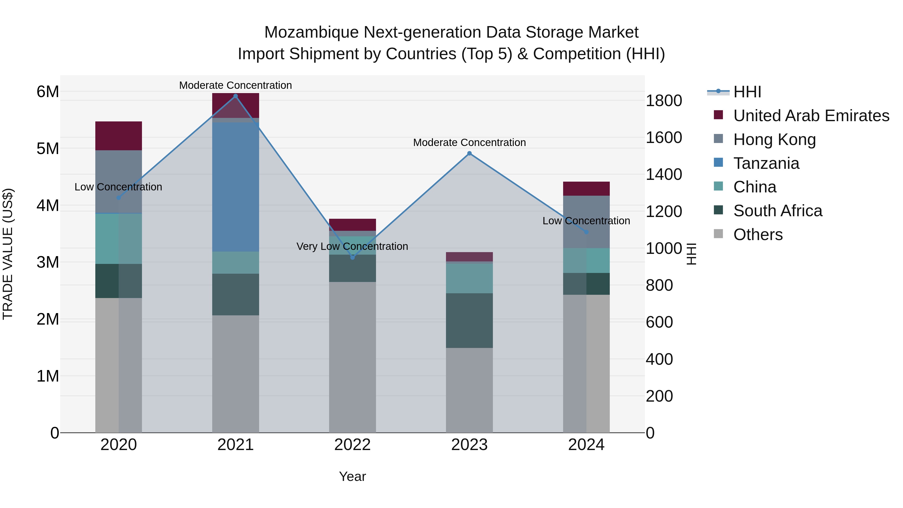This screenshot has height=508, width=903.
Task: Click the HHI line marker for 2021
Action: point(236,96)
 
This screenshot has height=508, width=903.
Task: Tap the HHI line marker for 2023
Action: point(469,153)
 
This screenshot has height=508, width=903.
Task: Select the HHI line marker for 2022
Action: point(353,257)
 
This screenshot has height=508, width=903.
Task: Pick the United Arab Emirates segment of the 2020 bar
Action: point(118,136)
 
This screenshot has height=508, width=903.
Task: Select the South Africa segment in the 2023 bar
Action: point(469,320)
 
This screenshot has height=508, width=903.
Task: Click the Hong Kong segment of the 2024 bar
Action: point(586,222)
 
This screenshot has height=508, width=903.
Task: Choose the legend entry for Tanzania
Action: point(766,163)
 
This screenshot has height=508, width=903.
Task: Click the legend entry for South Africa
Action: point(778,211)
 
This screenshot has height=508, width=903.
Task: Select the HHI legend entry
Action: point(747,92)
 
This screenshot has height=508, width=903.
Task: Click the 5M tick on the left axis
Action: point(48,149)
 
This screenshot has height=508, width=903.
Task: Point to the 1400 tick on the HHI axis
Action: point(663,174)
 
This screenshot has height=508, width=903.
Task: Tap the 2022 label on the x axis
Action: point(353,445)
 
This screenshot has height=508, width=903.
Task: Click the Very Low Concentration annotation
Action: point(352,246)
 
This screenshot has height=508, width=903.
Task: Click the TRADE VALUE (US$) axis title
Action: point(8,254)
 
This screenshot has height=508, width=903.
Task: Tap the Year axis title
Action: point(352,476)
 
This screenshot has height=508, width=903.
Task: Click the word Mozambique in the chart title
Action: point(312,32)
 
